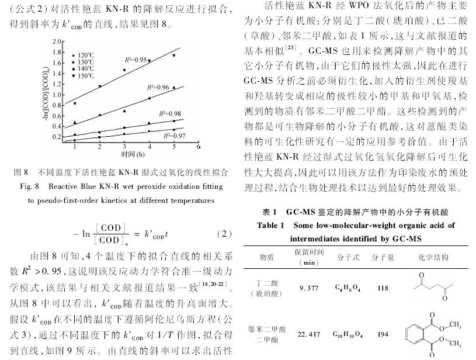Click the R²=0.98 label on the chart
pyautogui.click(x=169, y=113)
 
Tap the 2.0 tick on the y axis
pyautogui.click(x=56, y=41)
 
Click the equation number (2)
pyautogui.click(x=224, y=234)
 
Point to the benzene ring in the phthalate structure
pyautogui.click(x=421, y=335)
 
